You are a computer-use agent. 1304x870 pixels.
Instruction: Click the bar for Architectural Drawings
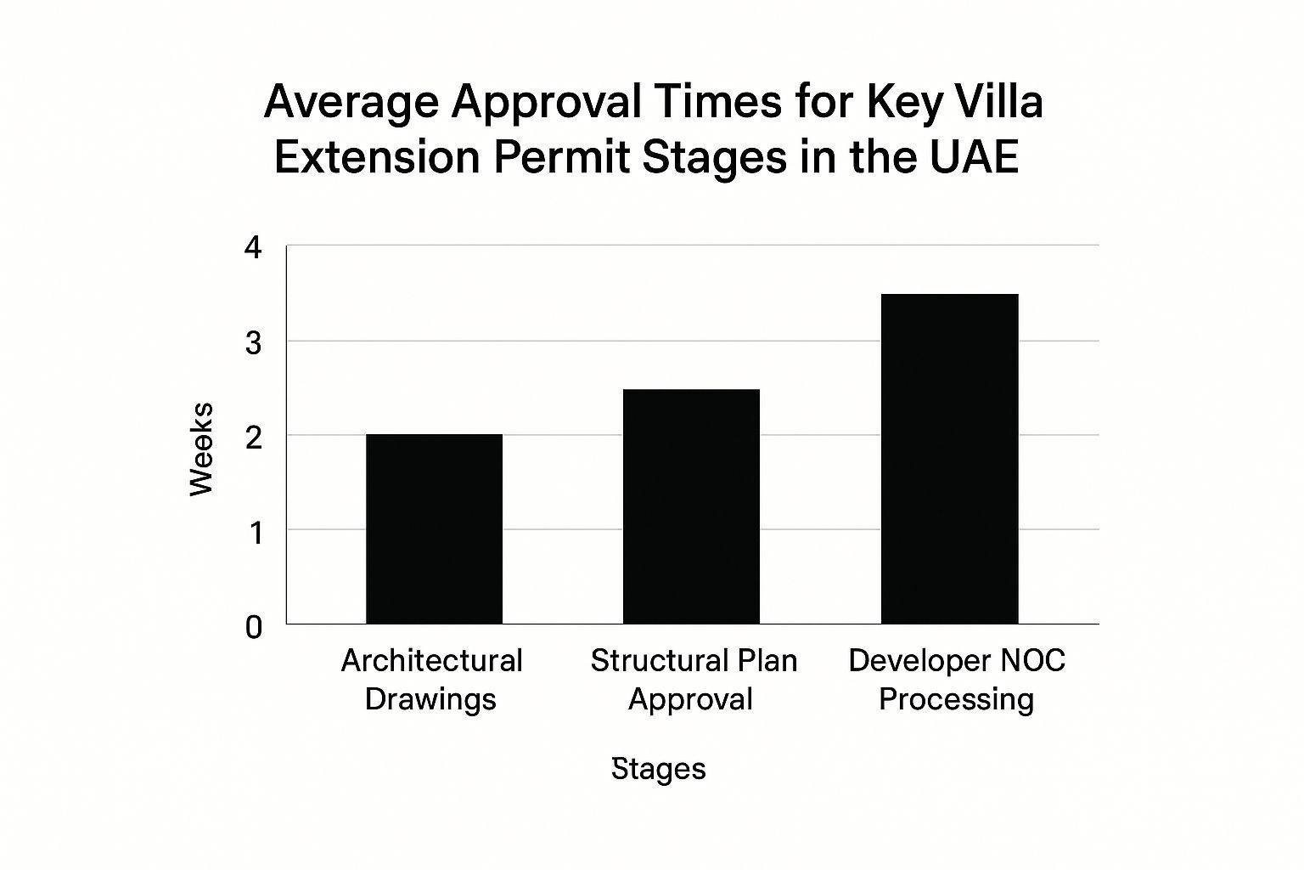435,529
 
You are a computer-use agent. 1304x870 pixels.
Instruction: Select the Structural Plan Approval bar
692,506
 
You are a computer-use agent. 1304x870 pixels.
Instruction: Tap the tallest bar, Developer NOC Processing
949,459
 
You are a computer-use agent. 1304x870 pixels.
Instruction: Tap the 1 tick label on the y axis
255,533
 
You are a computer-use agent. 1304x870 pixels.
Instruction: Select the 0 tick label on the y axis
254,628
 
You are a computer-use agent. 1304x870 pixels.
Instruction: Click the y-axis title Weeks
201,449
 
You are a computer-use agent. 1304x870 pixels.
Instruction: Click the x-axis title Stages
659,769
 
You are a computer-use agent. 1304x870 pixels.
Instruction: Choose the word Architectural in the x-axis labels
432,661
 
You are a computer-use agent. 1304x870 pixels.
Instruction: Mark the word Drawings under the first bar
430,700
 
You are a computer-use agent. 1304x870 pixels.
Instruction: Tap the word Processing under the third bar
957,700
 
